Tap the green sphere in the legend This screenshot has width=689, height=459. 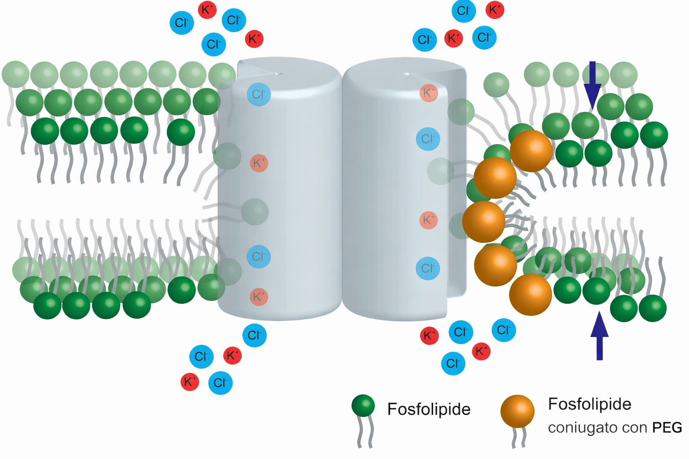363,406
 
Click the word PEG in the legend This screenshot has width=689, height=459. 667,428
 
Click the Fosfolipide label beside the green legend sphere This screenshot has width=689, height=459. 429,409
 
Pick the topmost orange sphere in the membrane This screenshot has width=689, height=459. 531,151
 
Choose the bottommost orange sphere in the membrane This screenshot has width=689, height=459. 530,294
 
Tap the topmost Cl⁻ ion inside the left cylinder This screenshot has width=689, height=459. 259,94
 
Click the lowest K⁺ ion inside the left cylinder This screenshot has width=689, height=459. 259,297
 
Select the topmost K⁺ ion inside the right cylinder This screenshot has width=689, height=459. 428,93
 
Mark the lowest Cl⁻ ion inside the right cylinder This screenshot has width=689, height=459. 427,268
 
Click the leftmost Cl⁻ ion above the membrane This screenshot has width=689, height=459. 182,22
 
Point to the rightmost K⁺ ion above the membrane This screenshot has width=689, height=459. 495,10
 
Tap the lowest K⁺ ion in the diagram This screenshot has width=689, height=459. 189,382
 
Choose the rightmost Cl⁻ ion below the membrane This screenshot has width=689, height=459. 503,330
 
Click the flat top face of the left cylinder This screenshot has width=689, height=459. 287,72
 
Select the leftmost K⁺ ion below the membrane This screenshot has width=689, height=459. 189,382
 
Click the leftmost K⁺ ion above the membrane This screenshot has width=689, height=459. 207,9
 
